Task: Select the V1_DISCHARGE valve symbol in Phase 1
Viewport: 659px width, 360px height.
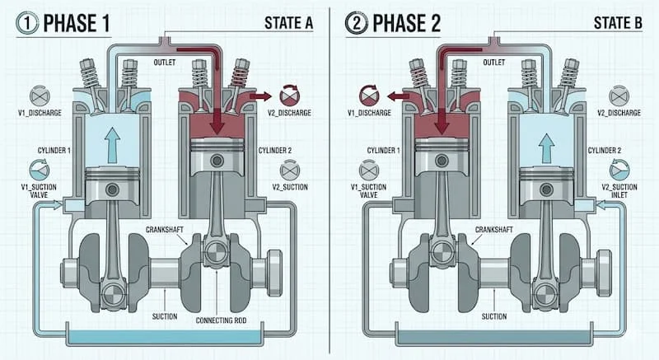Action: tap(38, 96)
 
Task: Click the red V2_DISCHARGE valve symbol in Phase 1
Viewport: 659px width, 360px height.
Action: tap(289, 94)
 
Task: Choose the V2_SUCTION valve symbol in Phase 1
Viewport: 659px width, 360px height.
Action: tap(289, 169)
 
